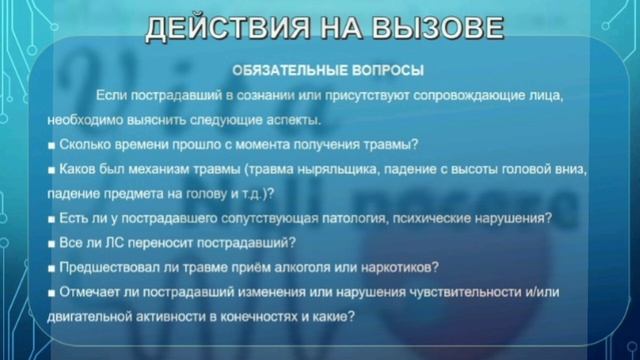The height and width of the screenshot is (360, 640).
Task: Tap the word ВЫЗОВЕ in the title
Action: [434, 27]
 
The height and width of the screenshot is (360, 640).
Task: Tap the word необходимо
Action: [81, 120]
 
